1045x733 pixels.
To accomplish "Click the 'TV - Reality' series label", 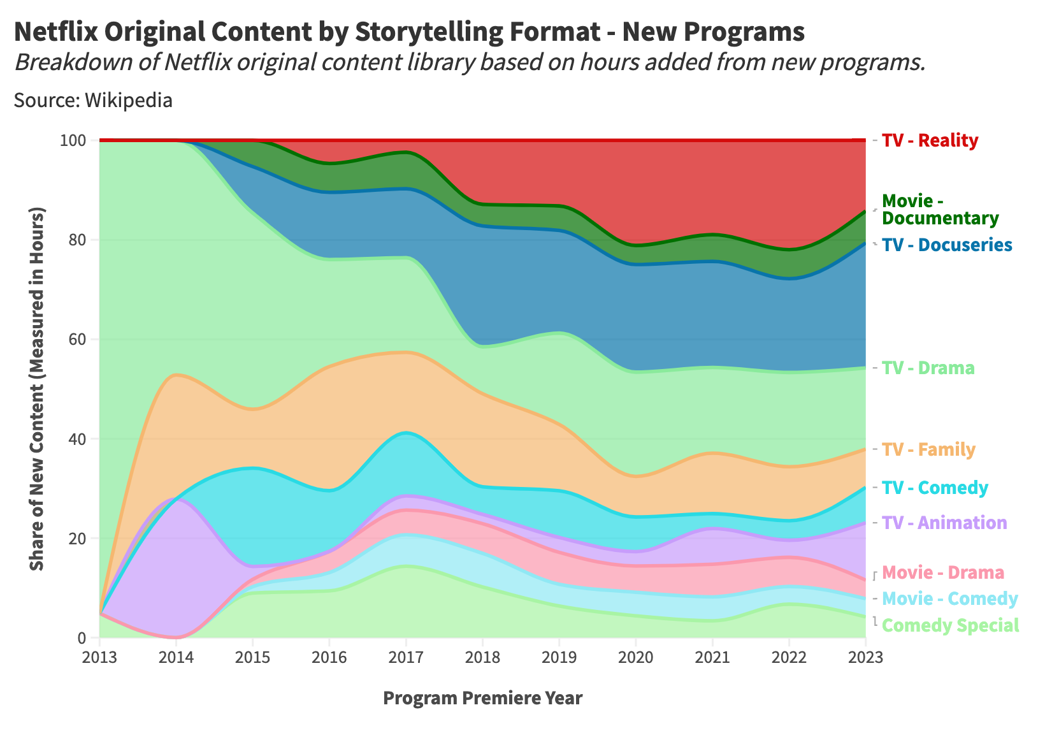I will click(930, 140).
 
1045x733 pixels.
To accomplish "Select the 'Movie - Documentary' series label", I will click(940, 210).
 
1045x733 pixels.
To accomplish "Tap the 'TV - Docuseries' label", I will click(947, 245).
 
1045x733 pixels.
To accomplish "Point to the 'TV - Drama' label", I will click(928, 368).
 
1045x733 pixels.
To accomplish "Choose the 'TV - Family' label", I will click(928, 450).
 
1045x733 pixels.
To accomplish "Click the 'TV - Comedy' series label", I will click(935, 488).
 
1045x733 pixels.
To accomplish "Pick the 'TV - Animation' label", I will click(944, 523).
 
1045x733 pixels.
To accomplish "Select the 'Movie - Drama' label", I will click(943, 572).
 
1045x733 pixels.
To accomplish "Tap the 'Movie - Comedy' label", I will click(950, 599).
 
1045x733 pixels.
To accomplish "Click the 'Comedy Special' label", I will click(951, 625).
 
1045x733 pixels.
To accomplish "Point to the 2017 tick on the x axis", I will click(406, 657).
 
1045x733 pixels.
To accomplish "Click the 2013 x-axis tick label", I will click(99, 657).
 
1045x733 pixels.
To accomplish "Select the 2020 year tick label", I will click(636, 657).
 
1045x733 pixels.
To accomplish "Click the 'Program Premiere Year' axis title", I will click(482, 698).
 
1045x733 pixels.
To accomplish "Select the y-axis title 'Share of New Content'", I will click(38, 389).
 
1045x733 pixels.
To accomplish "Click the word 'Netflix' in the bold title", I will click(56, 32).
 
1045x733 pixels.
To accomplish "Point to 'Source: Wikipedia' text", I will click(93, 101).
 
